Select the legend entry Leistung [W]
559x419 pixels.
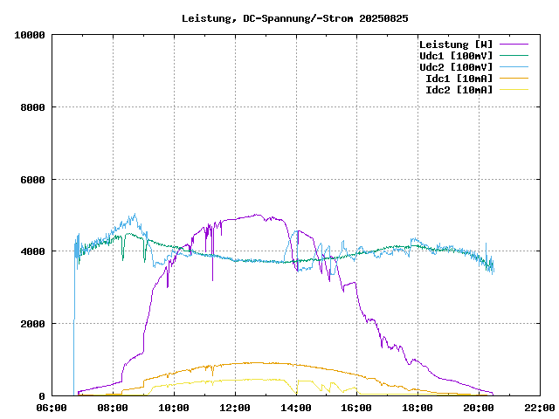455,45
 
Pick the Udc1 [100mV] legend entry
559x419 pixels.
455,56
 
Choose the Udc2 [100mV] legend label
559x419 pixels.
455,67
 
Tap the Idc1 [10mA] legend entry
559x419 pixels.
459,79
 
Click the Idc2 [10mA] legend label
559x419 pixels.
459,90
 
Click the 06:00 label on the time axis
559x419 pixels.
52,408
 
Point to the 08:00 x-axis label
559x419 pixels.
113,408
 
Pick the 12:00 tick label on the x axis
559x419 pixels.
235,408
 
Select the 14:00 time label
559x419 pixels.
296,408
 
